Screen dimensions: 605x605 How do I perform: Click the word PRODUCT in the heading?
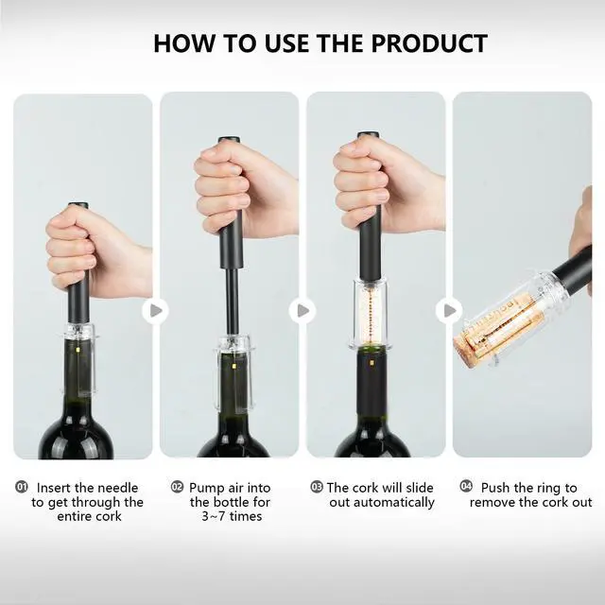pos(429,43)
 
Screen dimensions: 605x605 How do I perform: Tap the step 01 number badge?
pos(21,487)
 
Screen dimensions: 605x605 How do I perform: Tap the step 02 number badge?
pos(177,487)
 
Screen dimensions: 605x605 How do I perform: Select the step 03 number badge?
pos(317,487)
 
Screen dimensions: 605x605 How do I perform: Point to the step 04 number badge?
pos(466,486)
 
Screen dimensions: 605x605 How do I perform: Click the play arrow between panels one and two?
pos(155,311)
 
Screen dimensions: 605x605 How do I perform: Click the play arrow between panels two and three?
pos(302,311)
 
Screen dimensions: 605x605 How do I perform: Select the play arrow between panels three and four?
pos(449,310)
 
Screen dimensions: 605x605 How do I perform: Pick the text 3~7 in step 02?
pos(213,516)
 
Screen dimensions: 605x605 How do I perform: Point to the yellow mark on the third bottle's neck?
pos(371,363)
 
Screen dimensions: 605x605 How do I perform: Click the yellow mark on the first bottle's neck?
pos(78,350)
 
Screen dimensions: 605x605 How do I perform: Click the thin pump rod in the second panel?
pos(232,301)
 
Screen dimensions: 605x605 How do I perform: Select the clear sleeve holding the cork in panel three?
pos(371,314)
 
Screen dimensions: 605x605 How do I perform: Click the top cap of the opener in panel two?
pos(230,139)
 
